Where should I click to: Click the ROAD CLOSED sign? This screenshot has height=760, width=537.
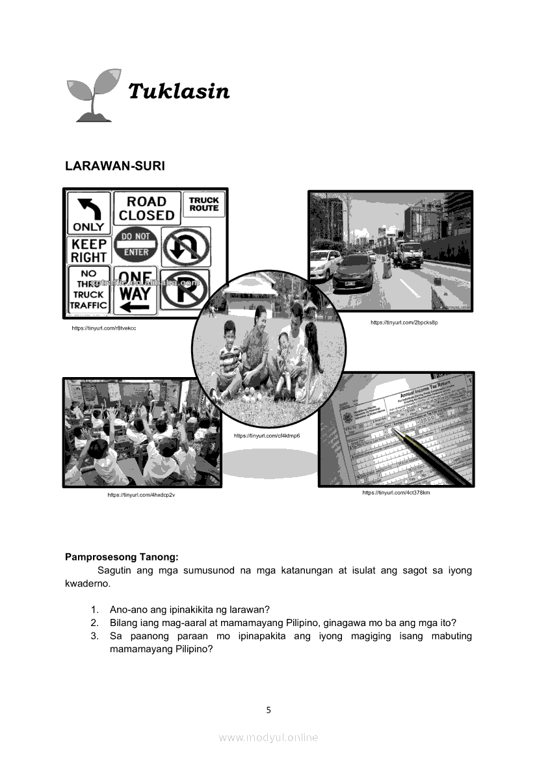[x=146, y=208]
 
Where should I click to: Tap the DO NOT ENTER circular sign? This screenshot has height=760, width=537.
[x=136, y=244]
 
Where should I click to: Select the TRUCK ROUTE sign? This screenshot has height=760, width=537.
[x=203, y=204]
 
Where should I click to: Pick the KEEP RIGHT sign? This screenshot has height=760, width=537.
[x=89, y=250]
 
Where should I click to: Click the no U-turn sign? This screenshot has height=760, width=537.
[x=185, y=246]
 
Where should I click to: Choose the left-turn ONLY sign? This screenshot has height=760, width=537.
[x=88, y=213]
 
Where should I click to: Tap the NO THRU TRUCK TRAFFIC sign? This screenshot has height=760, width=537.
[x=88, y=290]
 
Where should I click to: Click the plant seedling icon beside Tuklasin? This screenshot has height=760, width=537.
[x=94, y=94]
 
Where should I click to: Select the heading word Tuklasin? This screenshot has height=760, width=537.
[x=179, y=92]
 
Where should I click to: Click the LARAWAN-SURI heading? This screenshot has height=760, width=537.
[x=115, y=166]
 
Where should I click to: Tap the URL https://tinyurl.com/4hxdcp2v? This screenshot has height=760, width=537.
[x=141, y=495]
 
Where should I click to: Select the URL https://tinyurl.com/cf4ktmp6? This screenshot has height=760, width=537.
[x=267, y=436]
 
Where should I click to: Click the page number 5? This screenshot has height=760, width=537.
[x=268, y=710]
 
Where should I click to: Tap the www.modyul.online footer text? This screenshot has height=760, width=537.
[x=268, y=737]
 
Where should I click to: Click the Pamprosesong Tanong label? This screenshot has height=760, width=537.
[x=122, y=557]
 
